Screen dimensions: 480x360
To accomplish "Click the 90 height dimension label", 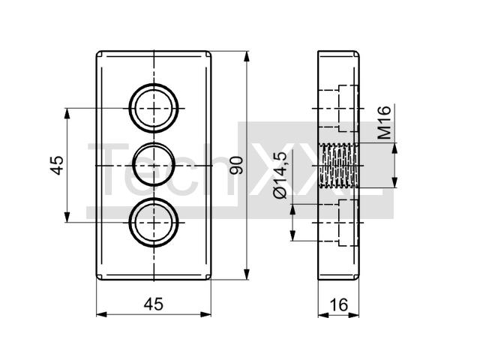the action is (x=236, y=165).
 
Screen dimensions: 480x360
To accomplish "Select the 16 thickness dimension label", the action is (x=339, y=304).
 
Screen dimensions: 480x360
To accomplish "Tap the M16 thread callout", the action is (x=385, y=122).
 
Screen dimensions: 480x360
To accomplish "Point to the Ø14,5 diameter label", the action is (x=280, y=175).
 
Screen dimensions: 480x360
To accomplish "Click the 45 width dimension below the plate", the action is (x=154, y=304).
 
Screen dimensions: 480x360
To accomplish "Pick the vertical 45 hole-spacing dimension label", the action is (x=57, y=165).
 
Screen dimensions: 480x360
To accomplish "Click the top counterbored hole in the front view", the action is (x=154, y=108).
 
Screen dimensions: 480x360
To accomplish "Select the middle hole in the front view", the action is (x=154, y=165).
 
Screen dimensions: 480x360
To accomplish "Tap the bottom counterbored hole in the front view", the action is (x=154, y=222).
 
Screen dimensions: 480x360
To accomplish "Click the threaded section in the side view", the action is (x=338, y=165).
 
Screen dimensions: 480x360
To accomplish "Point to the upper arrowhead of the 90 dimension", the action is (x=247, y=57).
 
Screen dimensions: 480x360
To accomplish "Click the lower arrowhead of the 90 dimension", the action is (x=247, y=274).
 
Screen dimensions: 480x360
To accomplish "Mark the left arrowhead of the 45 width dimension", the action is (x=102, y=314).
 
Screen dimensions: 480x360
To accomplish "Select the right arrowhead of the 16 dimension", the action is (x=353, y=315).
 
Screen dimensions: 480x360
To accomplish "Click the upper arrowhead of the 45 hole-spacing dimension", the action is (x=67, y=113).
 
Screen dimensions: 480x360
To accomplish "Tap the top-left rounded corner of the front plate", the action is (x=98, y=53).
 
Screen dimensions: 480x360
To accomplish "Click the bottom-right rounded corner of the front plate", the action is (x=208, y=277).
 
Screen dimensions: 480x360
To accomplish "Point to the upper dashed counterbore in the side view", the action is (x=338, y=108).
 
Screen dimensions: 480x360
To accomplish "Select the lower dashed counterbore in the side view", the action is (x=338, y=223).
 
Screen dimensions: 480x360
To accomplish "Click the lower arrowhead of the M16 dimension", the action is (x=395, y=182).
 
